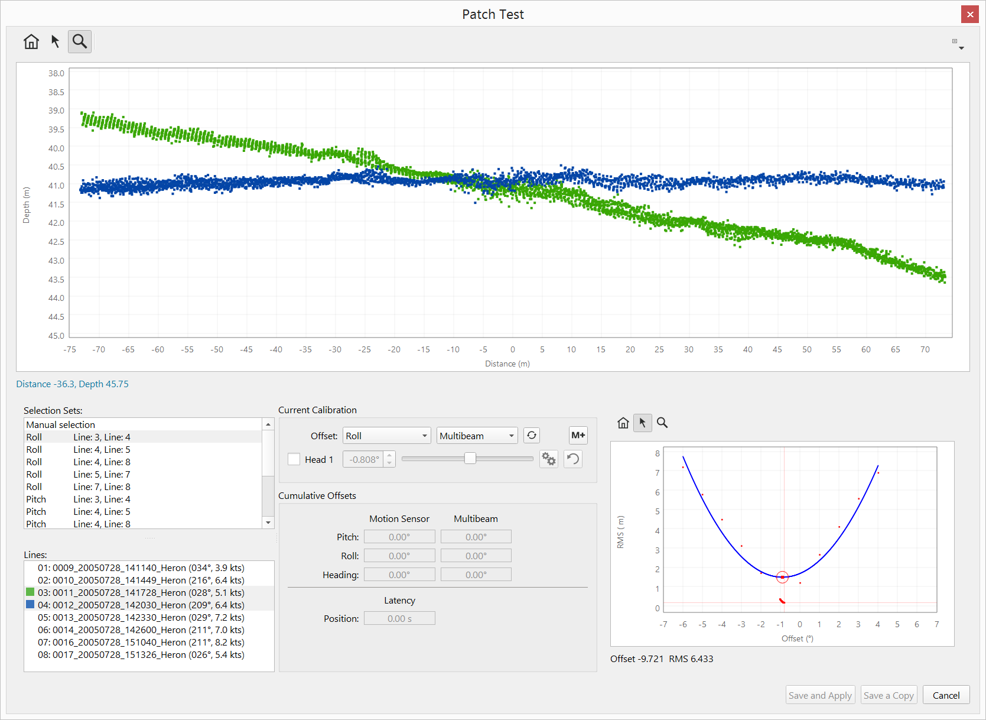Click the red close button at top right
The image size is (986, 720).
coord(970,14)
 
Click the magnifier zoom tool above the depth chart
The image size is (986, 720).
coord(80,41)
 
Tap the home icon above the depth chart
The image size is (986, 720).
coord(31,41)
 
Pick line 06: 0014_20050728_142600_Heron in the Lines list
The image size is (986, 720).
coord(141,630)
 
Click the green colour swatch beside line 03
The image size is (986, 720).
coord(30,592)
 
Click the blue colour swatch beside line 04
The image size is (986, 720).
coord(30,605)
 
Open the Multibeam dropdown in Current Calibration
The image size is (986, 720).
coord(477,436)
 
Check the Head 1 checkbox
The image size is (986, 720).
coord(294,459)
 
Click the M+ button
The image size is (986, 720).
coord(578,436)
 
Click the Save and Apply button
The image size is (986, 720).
coord(820,695)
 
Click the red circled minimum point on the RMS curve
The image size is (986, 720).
coord(782,577)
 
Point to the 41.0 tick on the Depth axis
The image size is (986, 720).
coord(56,186)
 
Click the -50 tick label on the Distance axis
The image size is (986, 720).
coord(217,349)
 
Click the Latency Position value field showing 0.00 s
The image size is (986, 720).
coord(399,618)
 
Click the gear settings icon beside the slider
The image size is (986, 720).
coord(549,459)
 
